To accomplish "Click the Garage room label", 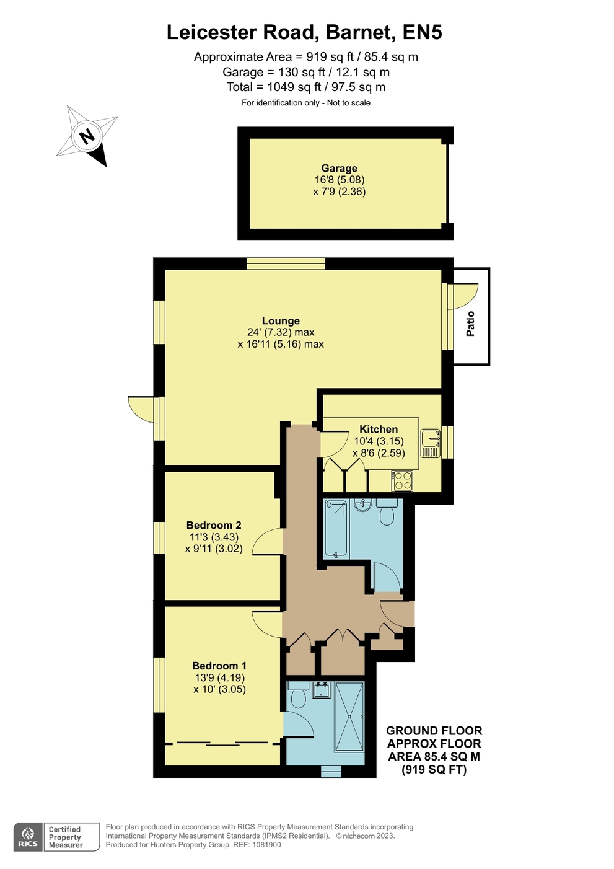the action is coord(339,169).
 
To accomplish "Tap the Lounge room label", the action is coord(281,321).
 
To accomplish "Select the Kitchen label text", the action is coord(379,429).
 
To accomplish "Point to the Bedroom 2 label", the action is coord(214,525).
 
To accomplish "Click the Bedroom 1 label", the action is coord(219,666).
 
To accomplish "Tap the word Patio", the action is coord(470,324).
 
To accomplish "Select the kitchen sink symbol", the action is coord(430,443).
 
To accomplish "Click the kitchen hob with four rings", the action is coord(402,480).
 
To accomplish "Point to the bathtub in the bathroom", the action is coord(336,529).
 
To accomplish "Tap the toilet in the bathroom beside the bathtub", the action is coord(387,511).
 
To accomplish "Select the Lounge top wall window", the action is coord(286,263).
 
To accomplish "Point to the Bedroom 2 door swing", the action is coord(267,541).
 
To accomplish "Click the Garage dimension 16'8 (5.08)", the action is coord(340,180).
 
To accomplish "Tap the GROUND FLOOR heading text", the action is coord(434,731).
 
